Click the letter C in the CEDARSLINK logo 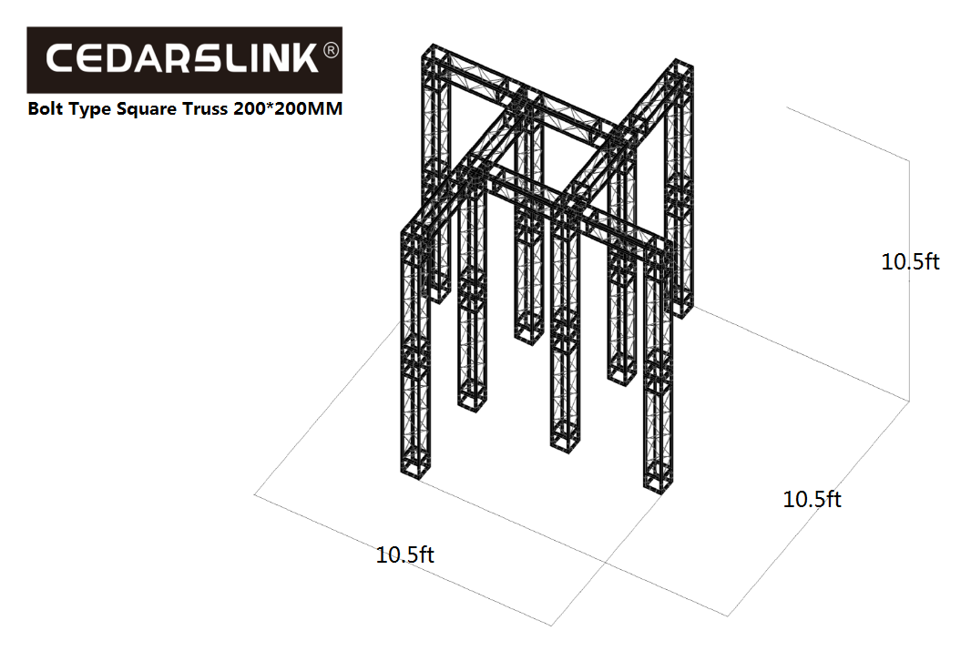[x=61, y=59]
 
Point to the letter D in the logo [x=122, y=59]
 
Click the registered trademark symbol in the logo [x=332, y=49]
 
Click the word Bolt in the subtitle [x=46, y=108]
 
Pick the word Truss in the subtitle [x=205, y=109]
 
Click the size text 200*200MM [x=288, y=108]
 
